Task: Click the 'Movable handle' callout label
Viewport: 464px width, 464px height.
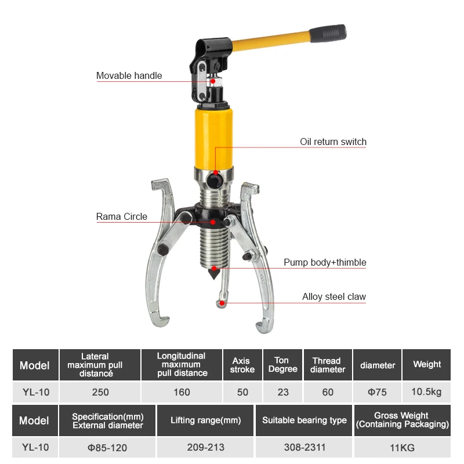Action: pos(129,76)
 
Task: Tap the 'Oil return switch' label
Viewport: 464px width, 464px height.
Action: pos(333,142)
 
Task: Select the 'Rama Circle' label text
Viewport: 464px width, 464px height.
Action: pos(122,216)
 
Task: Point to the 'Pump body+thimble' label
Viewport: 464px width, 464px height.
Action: pos(325,262)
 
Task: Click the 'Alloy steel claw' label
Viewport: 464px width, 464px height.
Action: pos(334,297)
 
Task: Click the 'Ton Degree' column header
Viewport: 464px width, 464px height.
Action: pos(283,365)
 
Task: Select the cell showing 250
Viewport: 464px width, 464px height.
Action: pos(100,392)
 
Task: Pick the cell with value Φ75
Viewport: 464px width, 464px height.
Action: pos(377,392)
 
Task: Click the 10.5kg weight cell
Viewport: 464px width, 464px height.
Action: pos(427,392)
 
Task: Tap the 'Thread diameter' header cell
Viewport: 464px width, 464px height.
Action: pos(328,365)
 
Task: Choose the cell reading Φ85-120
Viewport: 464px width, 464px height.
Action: pos(107,448)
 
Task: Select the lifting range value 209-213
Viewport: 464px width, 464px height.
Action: pos(205,448)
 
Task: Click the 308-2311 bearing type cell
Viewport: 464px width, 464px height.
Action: pos(304,448)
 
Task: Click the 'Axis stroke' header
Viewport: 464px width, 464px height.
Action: pos(242,365)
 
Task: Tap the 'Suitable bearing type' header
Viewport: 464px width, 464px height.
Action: pos(304,420)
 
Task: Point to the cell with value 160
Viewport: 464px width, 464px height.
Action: pos(182,392)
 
